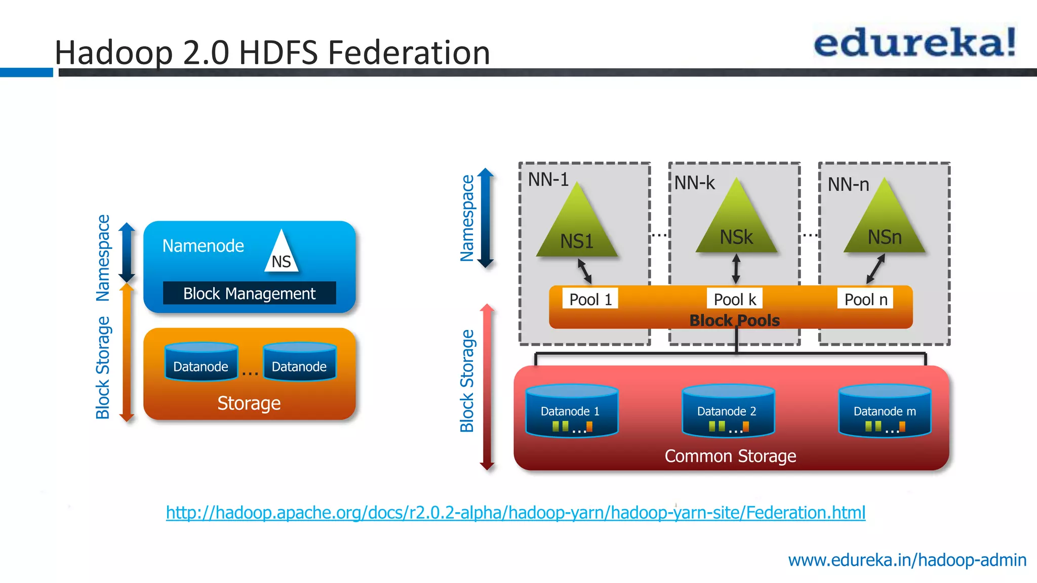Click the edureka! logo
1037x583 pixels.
pyautogui.click(x=914, y=43)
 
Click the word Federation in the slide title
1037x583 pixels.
pyautogui.click(x=409, y=53)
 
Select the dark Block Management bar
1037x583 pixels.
pyautogui.click(x=249, y=294)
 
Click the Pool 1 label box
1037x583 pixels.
pyautogui.click(x=590, y=299)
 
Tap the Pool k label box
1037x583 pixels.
pyautogui.click(x=735, y=299)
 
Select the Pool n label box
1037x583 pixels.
pyautogui.click(x=866, y=299)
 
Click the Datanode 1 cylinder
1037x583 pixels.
pyautogui.click(x=571, y=411)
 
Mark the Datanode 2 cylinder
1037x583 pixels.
pyautogui.click(x=728, y=411)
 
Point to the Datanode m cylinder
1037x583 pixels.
pyautogui.click(x=885, y=411)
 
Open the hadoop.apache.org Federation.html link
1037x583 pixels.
pyautogui.click(x=515, y=513)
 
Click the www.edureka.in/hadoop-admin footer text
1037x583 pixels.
pyautogui.click(x=907, y=560)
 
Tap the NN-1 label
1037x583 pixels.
pyautogui.click(x=548, y=180)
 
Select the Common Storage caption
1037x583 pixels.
pyautogui.click(x=730, y=456)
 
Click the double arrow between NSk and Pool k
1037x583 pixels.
pyautogui.click(x=736, y=269)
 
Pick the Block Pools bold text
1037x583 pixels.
pyautogui.click(x=734, y=320)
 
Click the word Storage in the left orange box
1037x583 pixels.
pyautogui.click(x=249, y=403)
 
